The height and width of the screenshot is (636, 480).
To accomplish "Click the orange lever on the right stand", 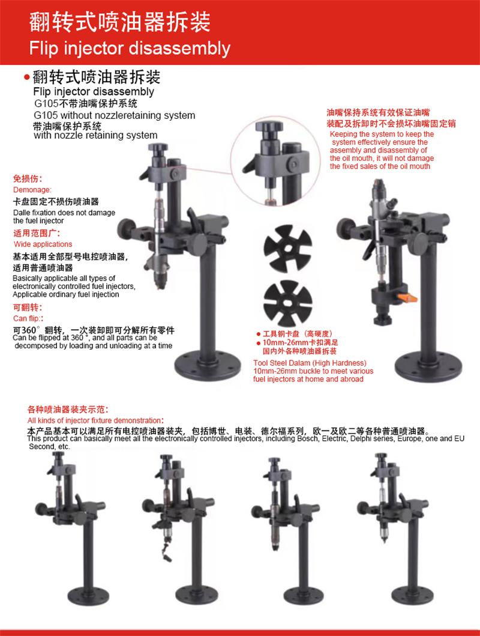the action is (407, 298).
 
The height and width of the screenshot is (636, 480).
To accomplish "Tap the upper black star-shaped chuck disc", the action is (288, 248).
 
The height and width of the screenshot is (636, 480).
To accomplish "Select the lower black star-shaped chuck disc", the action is (288, 304).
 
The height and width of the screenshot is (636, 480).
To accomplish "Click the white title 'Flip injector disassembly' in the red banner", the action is (130, 48).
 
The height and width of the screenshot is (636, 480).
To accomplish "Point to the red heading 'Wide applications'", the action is (43, 244).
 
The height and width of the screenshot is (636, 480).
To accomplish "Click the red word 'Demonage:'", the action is (32, 190).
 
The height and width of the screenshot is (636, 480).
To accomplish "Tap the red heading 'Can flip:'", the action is (28, 318).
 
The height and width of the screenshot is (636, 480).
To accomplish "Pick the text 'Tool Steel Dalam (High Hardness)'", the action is (310, 363).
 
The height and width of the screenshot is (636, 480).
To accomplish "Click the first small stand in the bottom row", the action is (73, 527).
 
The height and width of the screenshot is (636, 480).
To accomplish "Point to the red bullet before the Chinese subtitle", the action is (27, 77).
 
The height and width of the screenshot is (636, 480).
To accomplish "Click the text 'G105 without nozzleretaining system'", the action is (115, 115).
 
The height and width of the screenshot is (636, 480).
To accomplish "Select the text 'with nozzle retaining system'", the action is (95, 135).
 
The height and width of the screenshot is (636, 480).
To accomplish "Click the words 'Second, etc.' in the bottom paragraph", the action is (49, 447).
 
